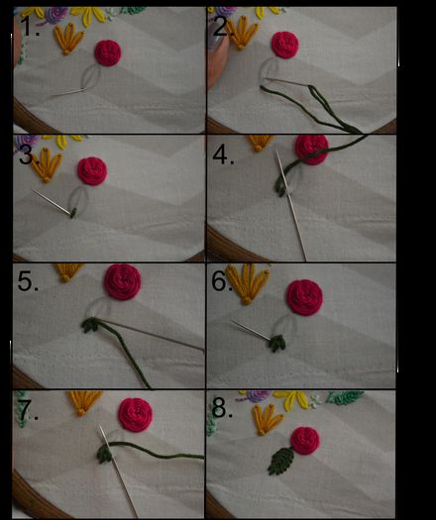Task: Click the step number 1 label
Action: [29, 26]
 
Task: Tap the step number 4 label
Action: [223, 155]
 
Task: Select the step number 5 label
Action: [28, 281]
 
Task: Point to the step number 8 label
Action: [223, 407]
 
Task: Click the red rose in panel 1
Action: [108, 52]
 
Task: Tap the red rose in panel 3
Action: [92, 170]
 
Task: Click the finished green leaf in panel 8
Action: [281, 461]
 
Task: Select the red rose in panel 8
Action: [305, 440]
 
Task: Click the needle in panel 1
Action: [67, 93]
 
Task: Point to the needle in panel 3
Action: [52, 202]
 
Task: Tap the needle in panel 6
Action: [251, 330]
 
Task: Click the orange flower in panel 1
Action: [68, 39]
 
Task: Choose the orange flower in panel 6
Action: [247, 284]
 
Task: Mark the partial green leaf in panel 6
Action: [276, 344]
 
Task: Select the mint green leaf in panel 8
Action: [345, 397]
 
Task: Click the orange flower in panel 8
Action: [269, 419]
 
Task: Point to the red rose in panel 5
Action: [123, 282]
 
